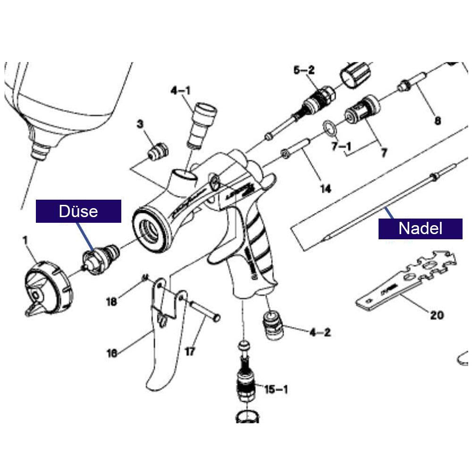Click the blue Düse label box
click(78, 211)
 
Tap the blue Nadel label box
click(420, 228)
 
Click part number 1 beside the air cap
click(25, 241)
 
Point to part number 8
click(438, 121)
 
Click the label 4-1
click(181, 91)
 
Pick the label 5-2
click(304, 71)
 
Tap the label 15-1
click(276, 389)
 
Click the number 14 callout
click(325, 189)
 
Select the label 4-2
click(320, 332)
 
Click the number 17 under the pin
click(190, 352)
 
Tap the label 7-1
click(341, 147)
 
